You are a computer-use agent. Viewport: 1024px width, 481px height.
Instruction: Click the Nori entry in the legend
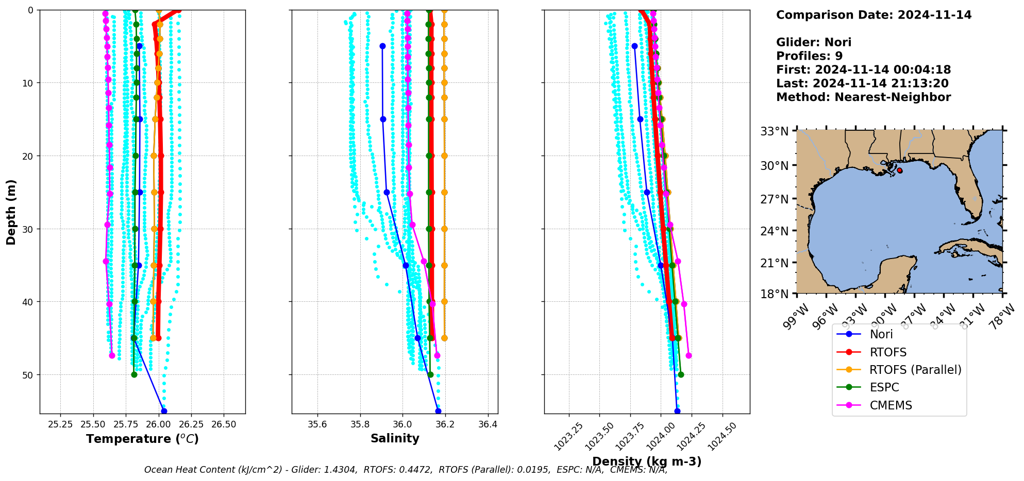coord(881,334)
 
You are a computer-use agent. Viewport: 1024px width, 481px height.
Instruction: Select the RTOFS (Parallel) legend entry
coord(915,370)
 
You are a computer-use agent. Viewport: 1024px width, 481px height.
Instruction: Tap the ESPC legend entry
coord(884,388)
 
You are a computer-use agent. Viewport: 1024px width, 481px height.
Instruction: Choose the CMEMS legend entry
coord(891,405)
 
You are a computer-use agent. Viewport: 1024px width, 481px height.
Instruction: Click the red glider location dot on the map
coord(899,170)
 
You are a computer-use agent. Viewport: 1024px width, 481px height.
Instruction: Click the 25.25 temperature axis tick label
coord(60,425)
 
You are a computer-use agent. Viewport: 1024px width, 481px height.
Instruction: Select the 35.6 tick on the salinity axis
coord(317,425)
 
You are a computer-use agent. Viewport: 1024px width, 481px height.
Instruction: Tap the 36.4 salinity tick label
coord(488,425)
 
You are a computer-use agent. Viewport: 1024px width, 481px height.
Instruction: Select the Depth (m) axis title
coord(11,212)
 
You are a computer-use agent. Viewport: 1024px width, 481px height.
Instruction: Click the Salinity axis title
coord(395,438)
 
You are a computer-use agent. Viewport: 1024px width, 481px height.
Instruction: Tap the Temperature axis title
coord(142,439)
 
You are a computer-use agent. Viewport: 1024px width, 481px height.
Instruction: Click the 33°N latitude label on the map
coord(775,132)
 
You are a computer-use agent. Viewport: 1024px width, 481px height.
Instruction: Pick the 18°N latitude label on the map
coord(775,294)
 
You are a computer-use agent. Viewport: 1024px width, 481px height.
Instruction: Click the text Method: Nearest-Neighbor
coord(863,97)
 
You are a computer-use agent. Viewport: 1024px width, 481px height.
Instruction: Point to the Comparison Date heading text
coord(874,15)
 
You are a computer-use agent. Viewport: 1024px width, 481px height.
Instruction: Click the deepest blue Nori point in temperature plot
coord(164,411)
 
